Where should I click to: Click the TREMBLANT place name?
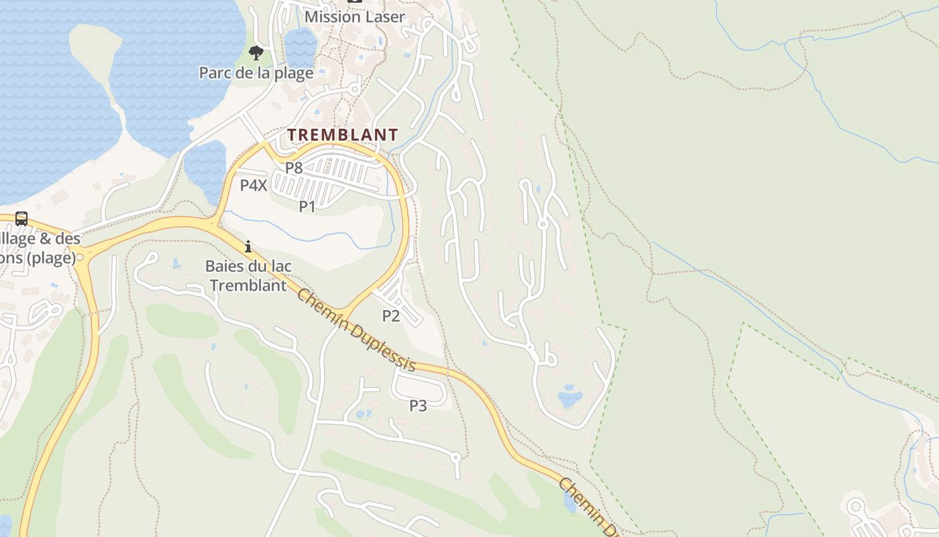(343, 135)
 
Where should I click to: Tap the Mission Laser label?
(354, 17)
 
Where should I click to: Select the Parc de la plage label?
(256, 72)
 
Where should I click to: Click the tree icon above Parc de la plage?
(256, 53)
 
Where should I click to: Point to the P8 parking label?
(294, 168)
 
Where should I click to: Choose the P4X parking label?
(254, 185)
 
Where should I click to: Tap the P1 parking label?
(307, 206)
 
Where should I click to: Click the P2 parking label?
(391, 315)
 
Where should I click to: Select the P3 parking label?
(418, 405)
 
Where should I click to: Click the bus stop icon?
(21, 219)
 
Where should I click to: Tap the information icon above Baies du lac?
(248, 247)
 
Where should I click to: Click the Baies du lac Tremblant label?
(248, 276)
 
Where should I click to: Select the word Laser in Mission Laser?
(382, 17)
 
